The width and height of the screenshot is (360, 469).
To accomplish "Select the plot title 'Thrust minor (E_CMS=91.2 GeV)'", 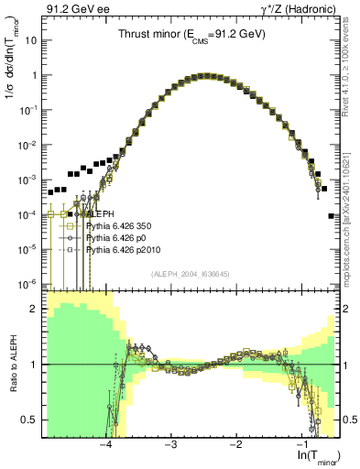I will click(191, 34).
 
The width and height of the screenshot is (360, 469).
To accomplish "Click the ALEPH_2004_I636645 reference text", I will click(191, 274).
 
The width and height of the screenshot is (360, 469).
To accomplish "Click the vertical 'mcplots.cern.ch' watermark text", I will click(352, 211).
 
